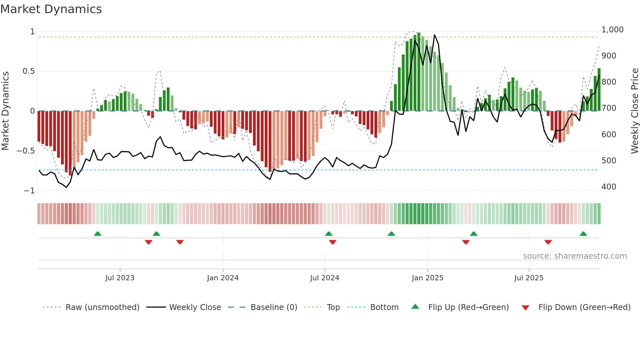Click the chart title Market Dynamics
51,9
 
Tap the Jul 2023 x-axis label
120,278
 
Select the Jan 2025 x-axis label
427,278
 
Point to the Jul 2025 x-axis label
529,278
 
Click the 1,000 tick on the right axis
612,30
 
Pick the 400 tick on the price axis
608,187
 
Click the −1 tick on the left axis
29,190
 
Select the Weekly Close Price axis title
634,111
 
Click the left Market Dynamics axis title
5,111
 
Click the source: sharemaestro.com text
575,256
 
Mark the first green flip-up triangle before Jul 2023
98,234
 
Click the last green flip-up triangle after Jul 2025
583,234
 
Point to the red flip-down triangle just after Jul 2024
333,242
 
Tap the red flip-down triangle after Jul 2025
548,242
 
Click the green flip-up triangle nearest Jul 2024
329,234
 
